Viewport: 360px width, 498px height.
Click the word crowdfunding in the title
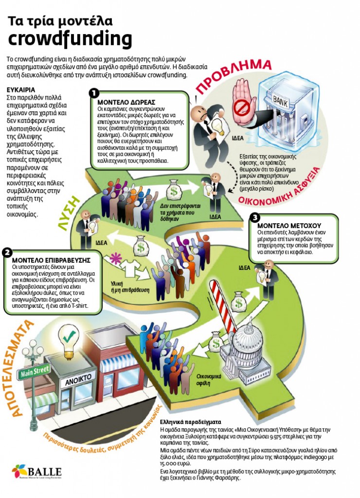click(70, 39)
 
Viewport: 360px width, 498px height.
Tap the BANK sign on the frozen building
click(281, 101)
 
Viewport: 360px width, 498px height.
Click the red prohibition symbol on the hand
click(240, 107)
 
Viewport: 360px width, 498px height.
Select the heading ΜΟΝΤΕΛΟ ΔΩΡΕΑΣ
click(126, 102)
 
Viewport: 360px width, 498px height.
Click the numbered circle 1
click(94, 93)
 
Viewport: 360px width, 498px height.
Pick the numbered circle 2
click(7, 252)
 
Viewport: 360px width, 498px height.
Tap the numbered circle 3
click(255, 217)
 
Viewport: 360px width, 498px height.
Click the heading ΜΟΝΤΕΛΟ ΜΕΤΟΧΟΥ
click(289, 226)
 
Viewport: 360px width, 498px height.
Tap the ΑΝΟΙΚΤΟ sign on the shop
click(78, 379)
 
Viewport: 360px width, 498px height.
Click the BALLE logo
click(37, 472)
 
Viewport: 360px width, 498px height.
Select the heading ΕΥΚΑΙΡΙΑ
click(21, 90)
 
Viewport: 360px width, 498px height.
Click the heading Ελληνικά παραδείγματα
click(191, 422)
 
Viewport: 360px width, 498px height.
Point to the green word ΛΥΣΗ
click(69, 212)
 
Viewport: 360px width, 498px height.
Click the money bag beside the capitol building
click(216, 341)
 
